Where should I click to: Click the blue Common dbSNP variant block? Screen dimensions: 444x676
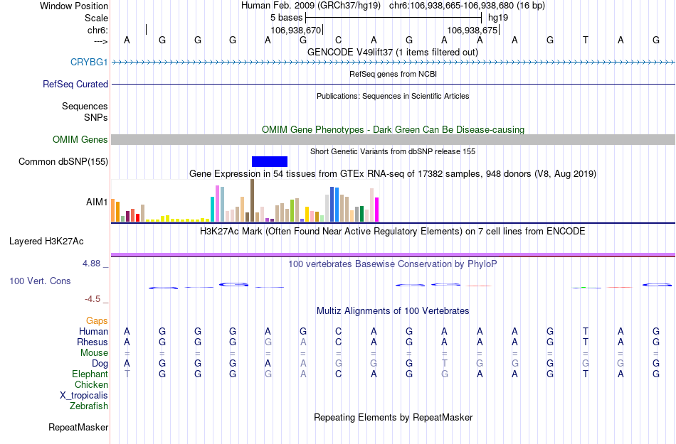click(x=270, y=161)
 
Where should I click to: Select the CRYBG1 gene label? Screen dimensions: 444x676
click(x=89, y=63)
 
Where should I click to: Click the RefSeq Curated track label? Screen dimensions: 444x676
click(x=75, y=84)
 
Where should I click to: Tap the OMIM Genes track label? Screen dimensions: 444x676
click(x=80, y=140)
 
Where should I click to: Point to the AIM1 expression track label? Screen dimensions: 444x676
click(x=97, y=202)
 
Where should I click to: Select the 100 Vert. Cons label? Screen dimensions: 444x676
click(x=40, y=281)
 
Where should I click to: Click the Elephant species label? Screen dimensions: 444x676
click(x=90, y=374)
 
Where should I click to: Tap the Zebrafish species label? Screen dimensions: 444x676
click(x=89, y=406)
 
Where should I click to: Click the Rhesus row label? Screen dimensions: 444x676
click(x=93, y=342)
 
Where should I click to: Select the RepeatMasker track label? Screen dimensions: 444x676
click(x=78, y=428)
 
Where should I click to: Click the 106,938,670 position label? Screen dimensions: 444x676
click(x=296, y=30)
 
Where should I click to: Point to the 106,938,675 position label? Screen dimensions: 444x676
click(x=472, y=30)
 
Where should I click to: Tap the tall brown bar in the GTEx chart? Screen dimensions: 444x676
click(x=252, y=200)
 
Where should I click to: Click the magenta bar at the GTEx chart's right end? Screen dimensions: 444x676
click(x=377, y=210)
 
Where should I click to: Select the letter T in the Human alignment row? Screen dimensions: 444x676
click(x=585, y=331)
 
